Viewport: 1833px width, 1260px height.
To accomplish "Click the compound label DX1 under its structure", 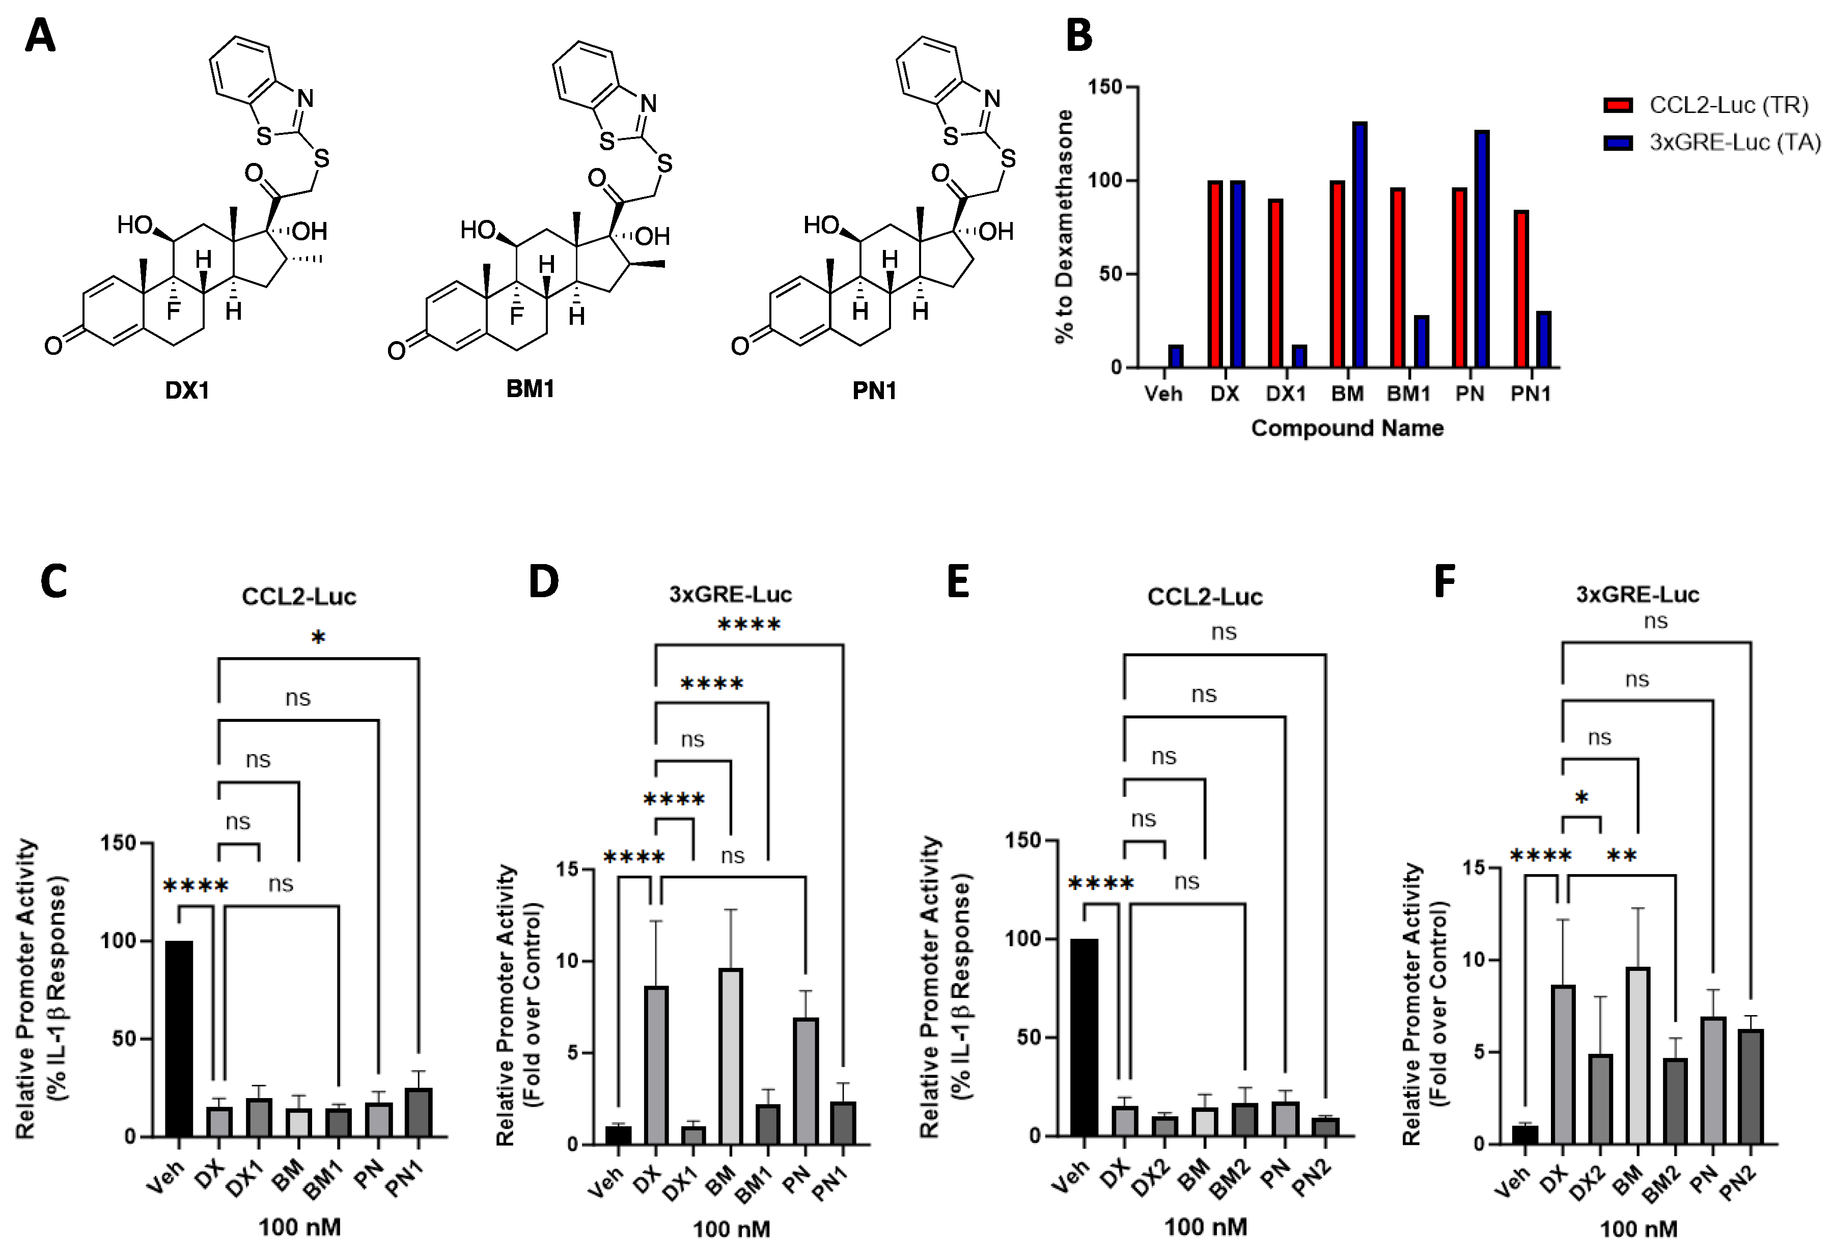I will [x=187, y=390].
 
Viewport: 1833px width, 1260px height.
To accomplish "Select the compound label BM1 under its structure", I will [x=530, y=388].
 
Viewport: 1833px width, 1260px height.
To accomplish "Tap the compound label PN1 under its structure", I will [x=874, y=390].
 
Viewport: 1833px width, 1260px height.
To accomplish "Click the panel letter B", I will [x=1078, y=36].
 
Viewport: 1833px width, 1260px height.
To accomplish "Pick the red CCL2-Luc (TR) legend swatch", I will [x=1618, y=105].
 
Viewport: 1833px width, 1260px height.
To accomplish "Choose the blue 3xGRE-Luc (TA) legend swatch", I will [x=1618, y=143].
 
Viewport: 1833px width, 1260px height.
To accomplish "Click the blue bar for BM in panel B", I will [x=1359, y=245].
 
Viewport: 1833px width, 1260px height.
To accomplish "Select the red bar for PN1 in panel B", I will [x=1521, y=288].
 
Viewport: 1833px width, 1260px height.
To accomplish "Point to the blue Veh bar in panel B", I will [x=1176, y=356].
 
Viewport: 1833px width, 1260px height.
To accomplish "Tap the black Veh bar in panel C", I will [x=179, y=1038].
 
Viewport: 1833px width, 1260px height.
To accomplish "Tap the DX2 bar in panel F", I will [x=1600, y=1098].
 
